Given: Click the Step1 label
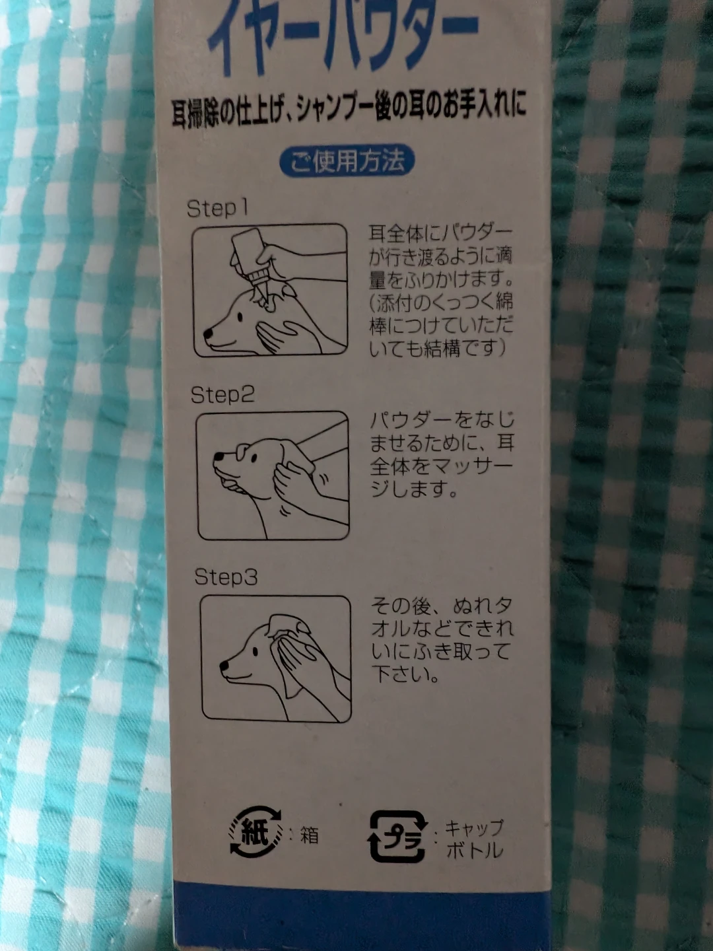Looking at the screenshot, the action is (x=218, y=209).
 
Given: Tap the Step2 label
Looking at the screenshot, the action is (x=222, y=395).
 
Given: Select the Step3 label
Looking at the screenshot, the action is (x=226, y=577).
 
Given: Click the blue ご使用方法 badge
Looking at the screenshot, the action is (x=347, y=162).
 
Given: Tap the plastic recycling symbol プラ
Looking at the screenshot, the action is (x=397, y=837).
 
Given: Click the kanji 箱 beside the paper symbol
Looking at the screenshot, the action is (x=310, y=835).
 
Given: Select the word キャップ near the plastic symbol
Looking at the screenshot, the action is (x=475, y=828).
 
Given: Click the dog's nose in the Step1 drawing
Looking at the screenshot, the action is (x=208, y=333).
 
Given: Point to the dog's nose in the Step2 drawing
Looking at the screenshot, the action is (x=219, y=456).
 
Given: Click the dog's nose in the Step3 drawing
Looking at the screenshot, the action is (x=224, y=666).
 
